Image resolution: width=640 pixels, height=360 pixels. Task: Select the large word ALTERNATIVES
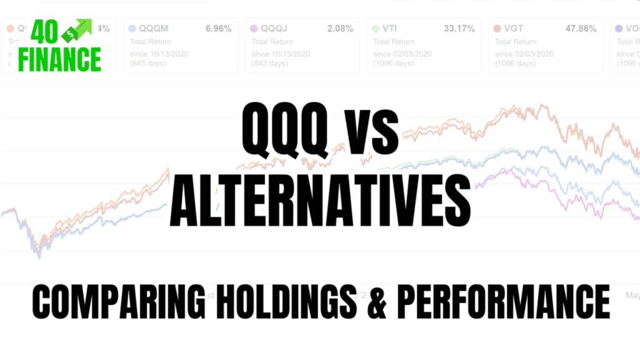click(x=320, y=202)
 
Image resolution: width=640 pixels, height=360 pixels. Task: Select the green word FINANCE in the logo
click(x=59, y=60)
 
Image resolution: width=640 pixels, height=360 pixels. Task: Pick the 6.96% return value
click(x=218, y=29)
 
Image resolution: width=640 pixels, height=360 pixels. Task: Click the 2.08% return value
click(x=340, y=29)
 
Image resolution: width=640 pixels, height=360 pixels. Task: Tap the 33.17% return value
click(x=459, y=29)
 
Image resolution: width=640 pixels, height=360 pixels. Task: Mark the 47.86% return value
click(x=581, y=29)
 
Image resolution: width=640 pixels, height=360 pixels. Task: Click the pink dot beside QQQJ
click(x=254, y=29)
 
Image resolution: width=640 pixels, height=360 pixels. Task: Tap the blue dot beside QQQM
click(x=132, y=29)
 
